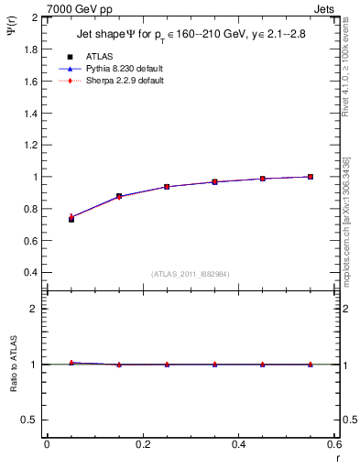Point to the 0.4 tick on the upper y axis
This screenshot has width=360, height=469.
31,273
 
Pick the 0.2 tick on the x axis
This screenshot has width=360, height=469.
143,444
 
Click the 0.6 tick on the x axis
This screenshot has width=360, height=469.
333,444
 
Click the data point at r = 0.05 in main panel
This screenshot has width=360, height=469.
71,218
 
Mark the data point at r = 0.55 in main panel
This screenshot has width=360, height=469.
311,177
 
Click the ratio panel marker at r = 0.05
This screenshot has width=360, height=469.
71,363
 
